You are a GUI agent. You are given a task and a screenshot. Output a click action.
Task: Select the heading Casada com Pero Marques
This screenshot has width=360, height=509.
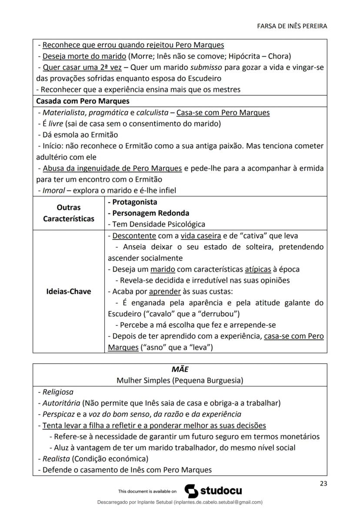[83, 101]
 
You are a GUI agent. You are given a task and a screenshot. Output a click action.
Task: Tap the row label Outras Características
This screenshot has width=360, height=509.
[68, 213]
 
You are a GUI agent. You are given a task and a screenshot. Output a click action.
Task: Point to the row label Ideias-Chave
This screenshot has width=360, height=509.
[68, 291]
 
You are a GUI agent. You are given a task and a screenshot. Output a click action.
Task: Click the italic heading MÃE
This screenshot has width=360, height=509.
[180, 369]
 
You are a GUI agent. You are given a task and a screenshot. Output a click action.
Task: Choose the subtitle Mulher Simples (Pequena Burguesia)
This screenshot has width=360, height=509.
[180, 380]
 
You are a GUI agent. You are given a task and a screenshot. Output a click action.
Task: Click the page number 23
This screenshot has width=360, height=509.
[323, 483]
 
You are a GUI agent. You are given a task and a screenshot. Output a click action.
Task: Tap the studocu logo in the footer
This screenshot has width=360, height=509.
[213, 491]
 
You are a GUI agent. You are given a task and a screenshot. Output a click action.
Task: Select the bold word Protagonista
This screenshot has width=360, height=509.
[135, 202]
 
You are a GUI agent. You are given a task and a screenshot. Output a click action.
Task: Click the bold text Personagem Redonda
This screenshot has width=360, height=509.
[151, 213]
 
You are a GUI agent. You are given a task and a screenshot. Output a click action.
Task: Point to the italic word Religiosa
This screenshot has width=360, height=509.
[58, 392]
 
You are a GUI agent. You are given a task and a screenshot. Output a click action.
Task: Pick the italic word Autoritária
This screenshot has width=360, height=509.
[61, 403]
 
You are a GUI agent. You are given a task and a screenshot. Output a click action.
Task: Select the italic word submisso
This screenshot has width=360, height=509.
[204, 67]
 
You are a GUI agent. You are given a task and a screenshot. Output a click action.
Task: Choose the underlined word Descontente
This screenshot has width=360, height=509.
[134, 236]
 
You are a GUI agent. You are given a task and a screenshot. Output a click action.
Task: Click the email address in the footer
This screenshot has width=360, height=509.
[217, 502]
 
